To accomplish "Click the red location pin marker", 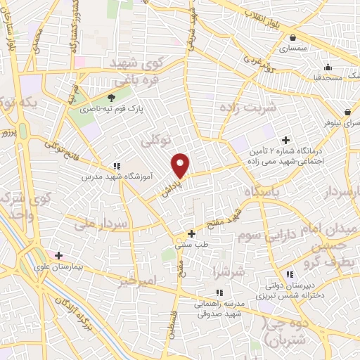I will coord(181,165).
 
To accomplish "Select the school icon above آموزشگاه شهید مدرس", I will coord(116,167).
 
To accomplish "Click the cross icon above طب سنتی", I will coord(191,233).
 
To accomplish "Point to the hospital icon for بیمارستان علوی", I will coord(58,255).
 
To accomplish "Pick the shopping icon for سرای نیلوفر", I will coord(347,112).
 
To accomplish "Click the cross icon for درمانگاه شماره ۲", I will coord(285,140).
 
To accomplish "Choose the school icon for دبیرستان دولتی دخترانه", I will coord(290,274).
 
